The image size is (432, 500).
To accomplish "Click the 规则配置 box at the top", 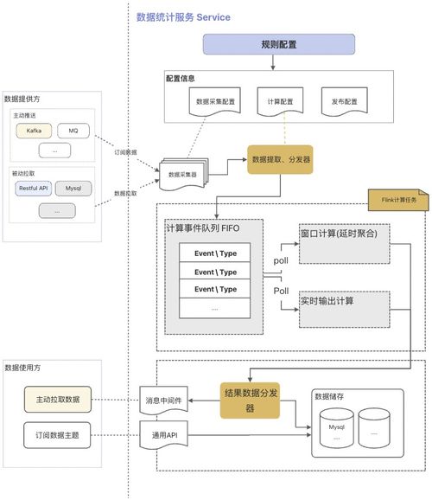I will pyautogui.click(x=278, y=45).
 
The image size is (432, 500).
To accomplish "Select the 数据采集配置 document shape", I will pyautogui.click(x=215, y=102).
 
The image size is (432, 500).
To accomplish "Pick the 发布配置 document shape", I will pyautogui.click(x=339, y=102).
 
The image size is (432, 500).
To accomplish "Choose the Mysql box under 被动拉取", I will pyautogui.click(x=73, y=187).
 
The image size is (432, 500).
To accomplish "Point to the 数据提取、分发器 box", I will pyautogui.click(x=281, y=159).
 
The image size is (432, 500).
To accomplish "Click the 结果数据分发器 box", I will pyautogui.click(x=251, y=401).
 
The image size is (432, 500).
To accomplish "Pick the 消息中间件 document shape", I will pyautogui.click(x=162, y=401).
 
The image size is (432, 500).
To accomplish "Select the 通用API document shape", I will pyautogui.click(x=162, y=435).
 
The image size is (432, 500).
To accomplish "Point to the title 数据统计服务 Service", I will pyautogui.click(x=183, y=16).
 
